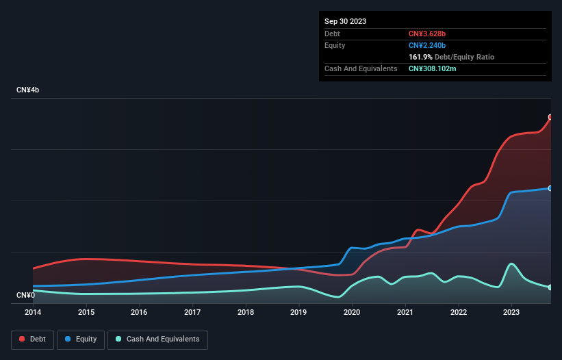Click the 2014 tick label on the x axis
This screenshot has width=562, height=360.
click(33, 312)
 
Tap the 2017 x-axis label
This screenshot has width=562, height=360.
click(192, 312)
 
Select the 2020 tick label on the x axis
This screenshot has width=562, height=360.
click(352, 312)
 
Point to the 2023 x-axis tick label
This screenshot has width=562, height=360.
click(511, 312)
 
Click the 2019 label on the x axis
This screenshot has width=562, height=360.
click(298, 312)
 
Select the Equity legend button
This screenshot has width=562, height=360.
click(81, 339)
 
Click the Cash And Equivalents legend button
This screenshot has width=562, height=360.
click(157, 339)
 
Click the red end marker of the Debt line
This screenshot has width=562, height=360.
click(550, 117)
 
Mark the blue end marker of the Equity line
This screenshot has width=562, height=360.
click(550, 188)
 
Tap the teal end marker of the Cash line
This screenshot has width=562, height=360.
click(550, 287)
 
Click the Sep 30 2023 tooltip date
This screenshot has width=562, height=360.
click(345, 21)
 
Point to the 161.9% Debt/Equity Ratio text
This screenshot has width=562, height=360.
click(451, 57)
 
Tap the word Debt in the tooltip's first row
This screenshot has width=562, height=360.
click(332, 34)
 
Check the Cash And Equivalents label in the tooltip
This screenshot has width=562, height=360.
click(361, 68)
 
